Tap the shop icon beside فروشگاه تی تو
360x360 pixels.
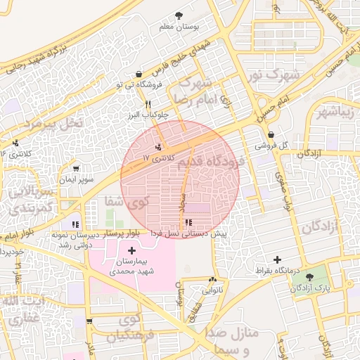[139, 74]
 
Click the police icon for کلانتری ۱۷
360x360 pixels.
[159, 147]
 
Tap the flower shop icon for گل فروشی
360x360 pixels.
[271, 135]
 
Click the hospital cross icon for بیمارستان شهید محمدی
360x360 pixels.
[132, 250]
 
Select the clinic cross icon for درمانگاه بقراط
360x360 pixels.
[277, 259]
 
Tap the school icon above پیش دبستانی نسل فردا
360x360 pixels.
[186, 222]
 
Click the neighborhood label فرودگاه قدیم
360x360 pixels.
[219, 162]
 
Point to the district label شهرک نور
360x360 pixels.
[276, 75]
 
